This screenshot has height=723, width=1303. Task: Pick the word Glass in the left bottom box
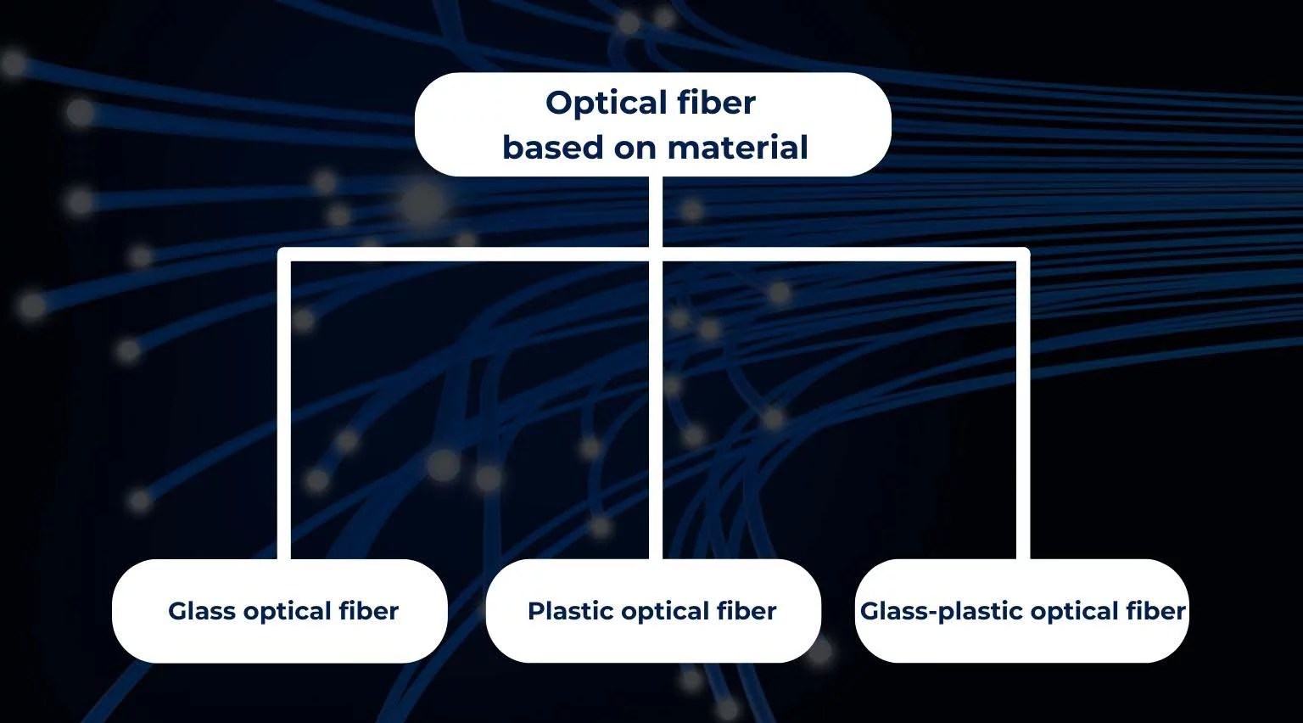tap(201, 611)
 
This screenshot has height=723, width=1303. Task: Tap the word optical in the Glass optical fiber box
tap(287, 611)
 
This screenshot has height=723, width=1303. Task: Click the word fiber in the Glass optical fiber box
tap(368, 611)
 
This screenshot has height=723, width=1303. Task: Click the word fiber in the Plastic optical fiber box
tap(747, 611)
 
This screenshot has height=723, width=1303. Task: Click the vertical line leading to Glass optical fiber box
tap(284, 407)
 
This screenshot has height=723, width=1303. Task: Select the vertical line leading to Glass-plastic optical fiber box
tap(1023, 407)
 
